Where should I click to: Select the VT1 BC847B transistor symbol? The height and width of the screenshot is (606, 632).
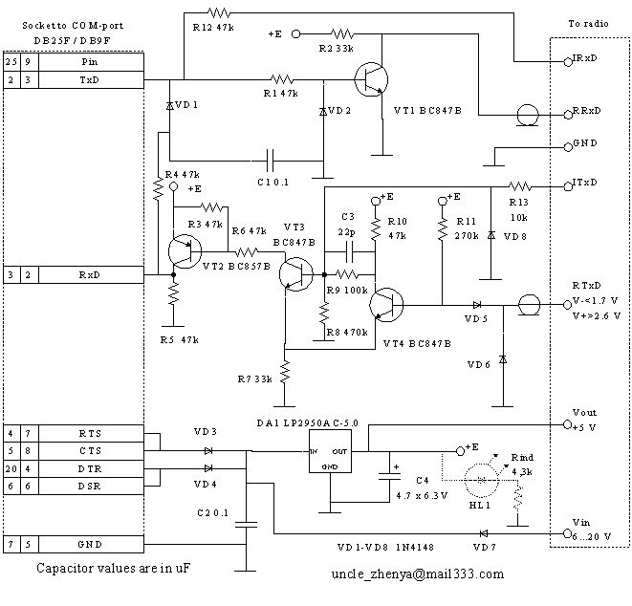click(x=369, y=78)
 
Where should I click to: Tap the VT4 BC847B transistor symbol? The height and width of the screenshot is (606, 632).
click(x=387, y=304)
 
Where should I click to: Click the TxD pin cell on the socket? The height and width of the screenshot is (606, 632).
click(x=88, y=79)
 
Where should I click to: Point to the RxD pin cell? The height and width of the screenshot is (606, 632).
click(x=88, y=274)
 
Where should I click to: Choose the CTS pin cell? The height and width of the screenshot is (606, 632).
click(x=88, y=450)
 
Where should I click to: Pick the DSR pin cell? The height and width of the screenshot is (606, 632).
click(x=88, y=485)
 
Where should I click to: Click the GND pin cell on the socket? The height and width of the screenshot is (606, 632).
click(x=88, y=544)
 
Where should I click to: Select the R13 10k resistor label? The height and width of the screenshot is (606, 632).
click(x=517, y=209)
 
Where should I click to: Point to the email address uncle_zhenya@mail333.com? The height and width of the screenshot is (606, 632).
click(x=417, y=574)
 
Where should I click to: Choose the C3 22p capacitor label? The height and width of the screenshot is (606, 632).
click(x=345, y=224)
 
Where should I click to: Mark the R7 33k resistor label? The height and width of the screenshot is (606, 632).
click(x=254, y=379)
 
